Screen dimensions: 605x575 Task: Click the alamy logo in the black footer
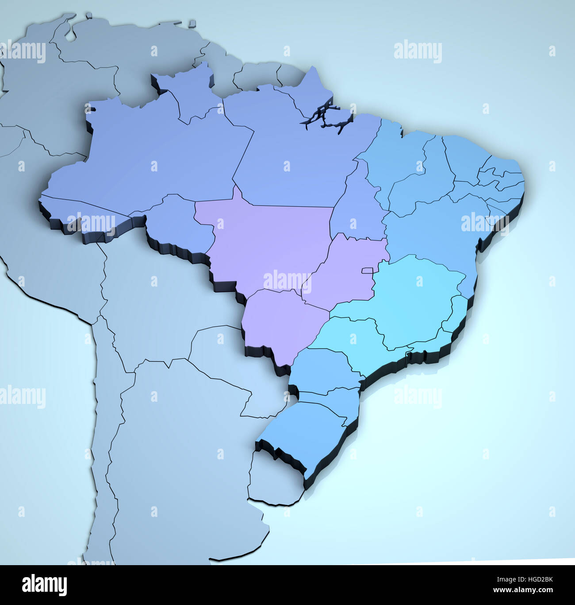(x=44, y=585)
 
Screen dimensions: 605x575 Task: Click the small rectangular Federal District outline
(x=368, y=271)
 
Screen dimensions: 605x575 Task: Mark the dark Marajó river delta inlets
(x=327, y=117)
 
